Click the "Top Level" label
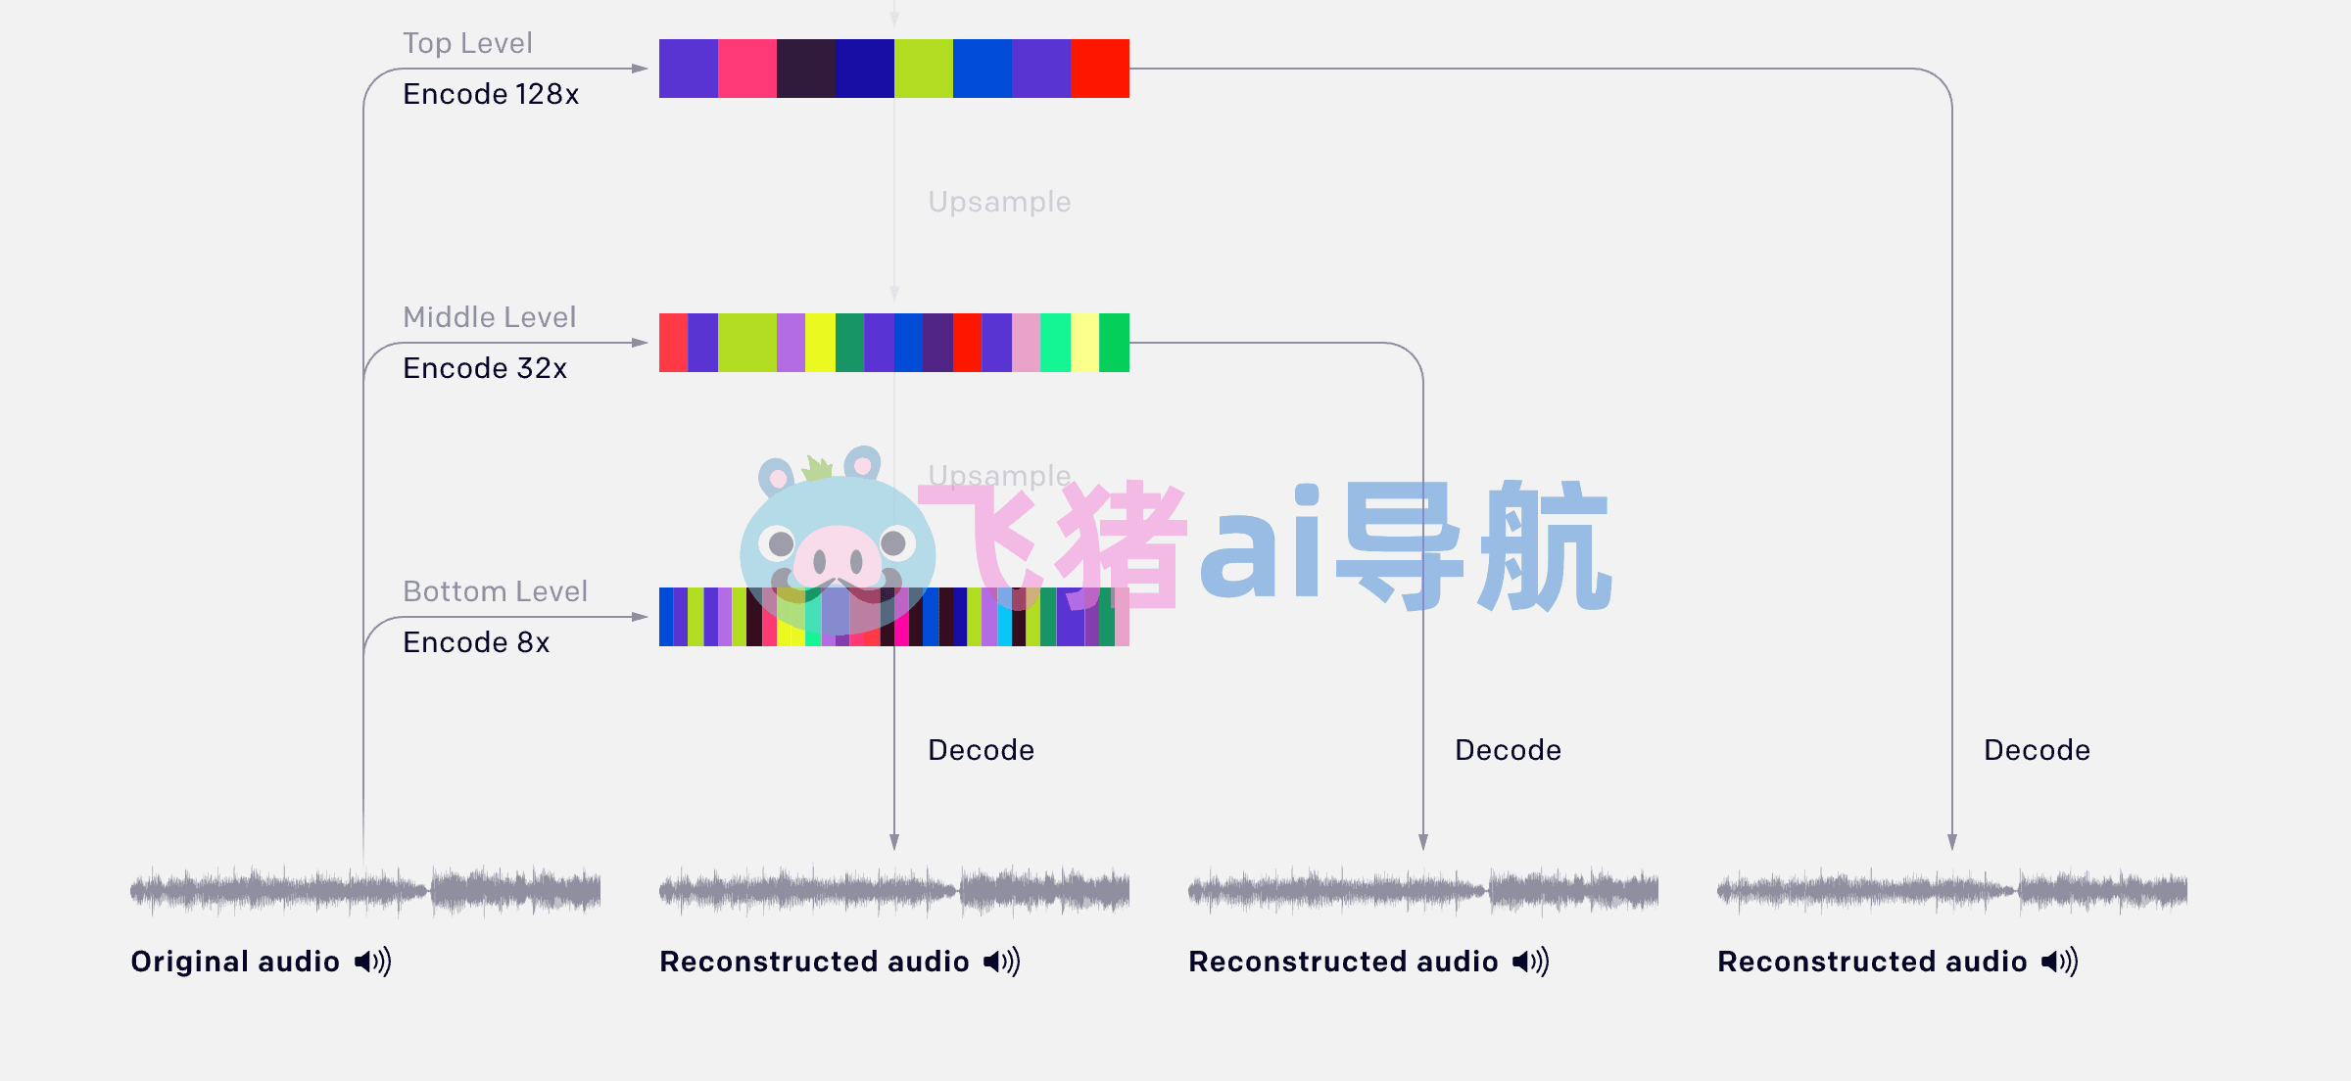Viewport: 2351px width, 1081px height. (467, 43)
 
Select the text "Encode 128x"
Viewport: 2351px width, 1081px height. (491, 94)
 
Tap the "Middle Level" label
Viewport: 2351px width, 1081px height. (490, 317)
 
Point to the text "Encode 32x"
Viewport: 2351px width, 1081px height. (485, 368)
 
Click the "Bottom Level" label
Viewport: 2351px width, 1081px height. (495, 591)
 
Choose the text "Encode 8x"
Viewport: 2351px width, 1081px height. (476, 642)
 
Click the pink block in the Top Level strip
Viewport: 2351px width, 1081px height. (747, 69)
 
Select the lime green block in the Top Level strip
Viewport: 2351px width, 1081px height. (924, 69)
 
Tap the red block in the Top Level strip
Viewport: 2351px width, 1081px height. (1100, 69)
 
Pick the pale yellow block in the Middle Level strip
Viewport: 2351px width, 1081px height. (1085, 343)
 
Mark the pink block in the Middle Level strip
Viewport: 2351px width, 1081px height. (1027, 343)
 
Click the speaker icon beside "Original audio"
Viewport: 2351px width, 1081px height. (373, 962)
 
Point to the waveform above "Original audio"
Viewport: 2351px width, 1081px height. (365, 890)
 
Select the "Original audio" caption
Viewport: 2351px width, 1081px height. (235, 962)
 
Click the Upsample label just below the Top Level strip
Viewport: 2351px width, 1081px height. (999, 202)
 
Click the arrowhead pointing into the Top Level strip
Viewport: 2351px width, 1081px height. (640, 69)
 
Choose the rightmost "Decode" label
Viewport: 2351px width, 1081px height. (2038, 750)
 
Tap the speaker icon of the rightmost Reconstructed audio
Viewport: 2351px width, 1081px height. (2060, 962)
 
